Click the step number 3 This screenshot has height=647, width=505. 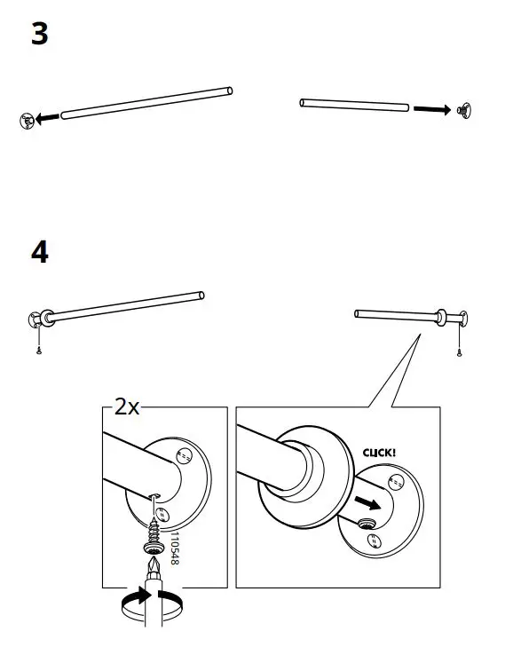point(39,36)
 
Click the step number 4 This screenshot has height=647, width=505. point(39,252)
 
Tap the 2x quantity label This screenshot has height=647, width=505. point(127,407)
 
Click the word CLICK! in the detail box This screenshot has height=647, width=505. point(379,452)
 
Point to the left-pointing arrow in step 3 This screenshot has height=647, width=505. point(50,116)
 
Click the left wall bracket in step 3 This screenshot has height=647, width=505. point(27,120)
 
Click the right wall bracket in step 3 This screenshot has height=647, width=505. point(462,111)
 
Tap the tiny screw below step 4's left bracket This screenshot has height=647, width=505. point(39,351)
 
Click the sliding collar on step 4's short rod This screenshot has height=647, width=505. point(439,315)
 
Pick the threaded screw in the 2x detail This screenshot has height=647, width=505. point(153,533)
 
